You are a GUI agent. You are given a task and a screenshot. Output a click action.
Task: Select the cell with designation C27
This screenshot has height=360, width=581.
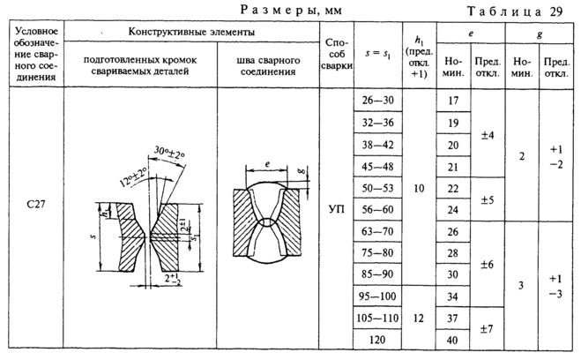37,205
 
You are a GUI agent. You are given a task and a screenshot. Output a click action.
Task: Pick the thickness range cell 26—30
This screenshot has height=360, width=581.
379,101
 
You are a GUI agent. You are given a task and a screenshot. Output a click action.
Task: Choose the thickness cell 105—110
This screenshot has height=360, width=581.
379,317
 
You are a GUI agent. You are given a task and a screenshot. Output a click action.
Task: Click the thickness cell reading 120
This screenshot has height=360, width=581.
379,339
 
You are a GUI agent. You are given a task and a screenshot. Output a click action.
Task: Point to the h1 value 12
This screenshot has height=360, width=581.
418,317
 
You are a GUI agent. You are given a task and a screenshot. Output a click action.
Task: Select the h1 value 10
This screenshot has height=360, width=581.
418,188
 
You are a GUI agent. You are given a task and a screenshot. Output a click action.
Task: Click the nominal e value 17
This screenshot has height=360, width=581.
454,101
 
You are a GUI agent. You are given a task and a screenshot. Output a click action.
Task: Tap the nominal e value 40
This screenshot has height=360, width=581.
454,339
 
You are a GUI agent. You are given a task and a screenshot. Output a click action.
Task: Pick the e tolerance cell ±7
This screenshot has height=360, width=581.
487,327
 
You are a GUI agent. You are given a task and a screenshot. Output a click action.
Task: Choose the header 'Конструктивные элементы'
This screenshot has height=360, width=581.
191,31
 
